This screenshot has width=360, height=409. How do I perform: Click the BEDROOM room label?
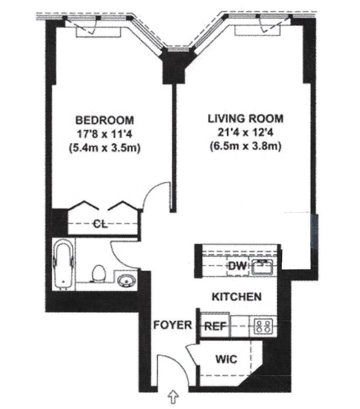[x=104, y=120]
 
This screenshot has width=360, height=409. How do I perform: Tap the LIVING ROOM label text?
[x=246, y=119]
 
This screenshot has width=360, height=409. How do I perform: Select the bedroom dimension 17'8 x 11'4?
[x=104, y=134]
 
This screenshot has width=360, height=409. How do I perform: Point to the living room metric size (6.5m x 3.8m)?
[x=246, y=147]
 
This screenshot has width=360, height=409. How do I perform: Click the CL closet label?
[x=100, y=224]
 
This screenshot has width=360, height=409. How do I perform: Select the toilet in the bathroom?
[x=99, y=273]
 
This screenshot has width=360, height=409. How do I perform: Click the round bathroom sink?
[x=127, y=281]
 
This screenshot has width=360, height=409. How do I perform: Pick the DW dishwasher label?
[x=237, y=266]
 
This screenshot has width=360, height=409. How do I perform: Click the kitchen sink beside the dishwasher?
[x=263, y=267]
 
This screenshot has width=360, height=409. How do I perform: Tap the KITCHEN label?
[x=237, y=297]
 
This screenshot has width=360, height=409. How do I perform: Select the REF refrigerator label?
[x=215, y=326]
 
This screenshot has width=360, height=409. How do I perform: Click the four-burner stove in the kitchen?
[x=263, y=326]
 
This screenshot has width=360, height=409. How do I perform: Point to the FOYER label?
[x=173, y=325]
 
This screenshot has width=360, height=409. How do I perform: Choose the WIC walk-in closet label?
[x=226, y=359]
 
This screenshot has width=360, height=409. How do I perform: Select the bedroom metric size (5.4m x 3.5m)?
[x=104, y=148]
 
